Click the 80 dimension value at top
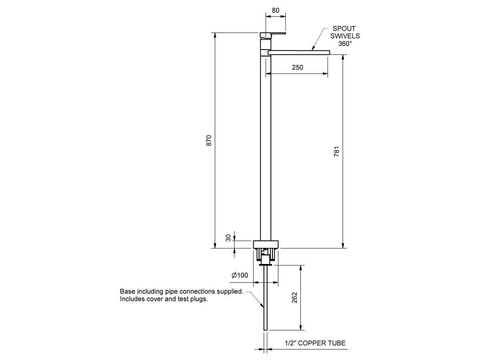[276, 11]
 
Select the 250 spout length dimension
[297, 68]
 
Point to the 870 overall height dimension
[208, 140]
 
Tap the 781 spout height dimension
[337, 152]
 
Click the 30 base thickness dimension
[228, 238]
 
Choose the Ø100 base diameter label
[240, 275]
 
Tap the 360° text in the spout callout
[345, 43]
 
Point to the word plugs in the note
[199, 299]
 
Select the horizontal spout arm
[298, 52]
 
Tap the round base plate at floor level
[266, 244]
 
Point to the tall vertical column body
[266, 148]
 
